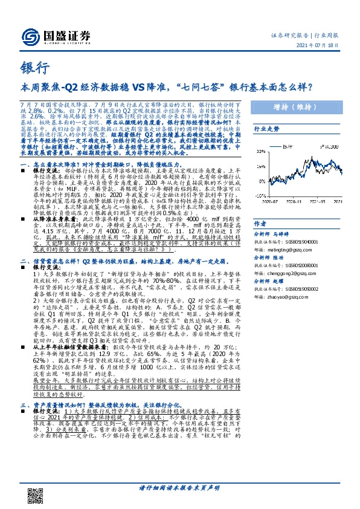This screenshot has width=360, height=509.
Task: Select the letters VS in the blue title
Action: coord(150,86)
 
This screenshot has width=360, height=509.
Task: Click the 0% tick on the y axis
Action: coord(262,180)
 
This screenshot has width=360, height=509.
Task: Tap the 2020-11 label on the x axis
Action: coord(295,203)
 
